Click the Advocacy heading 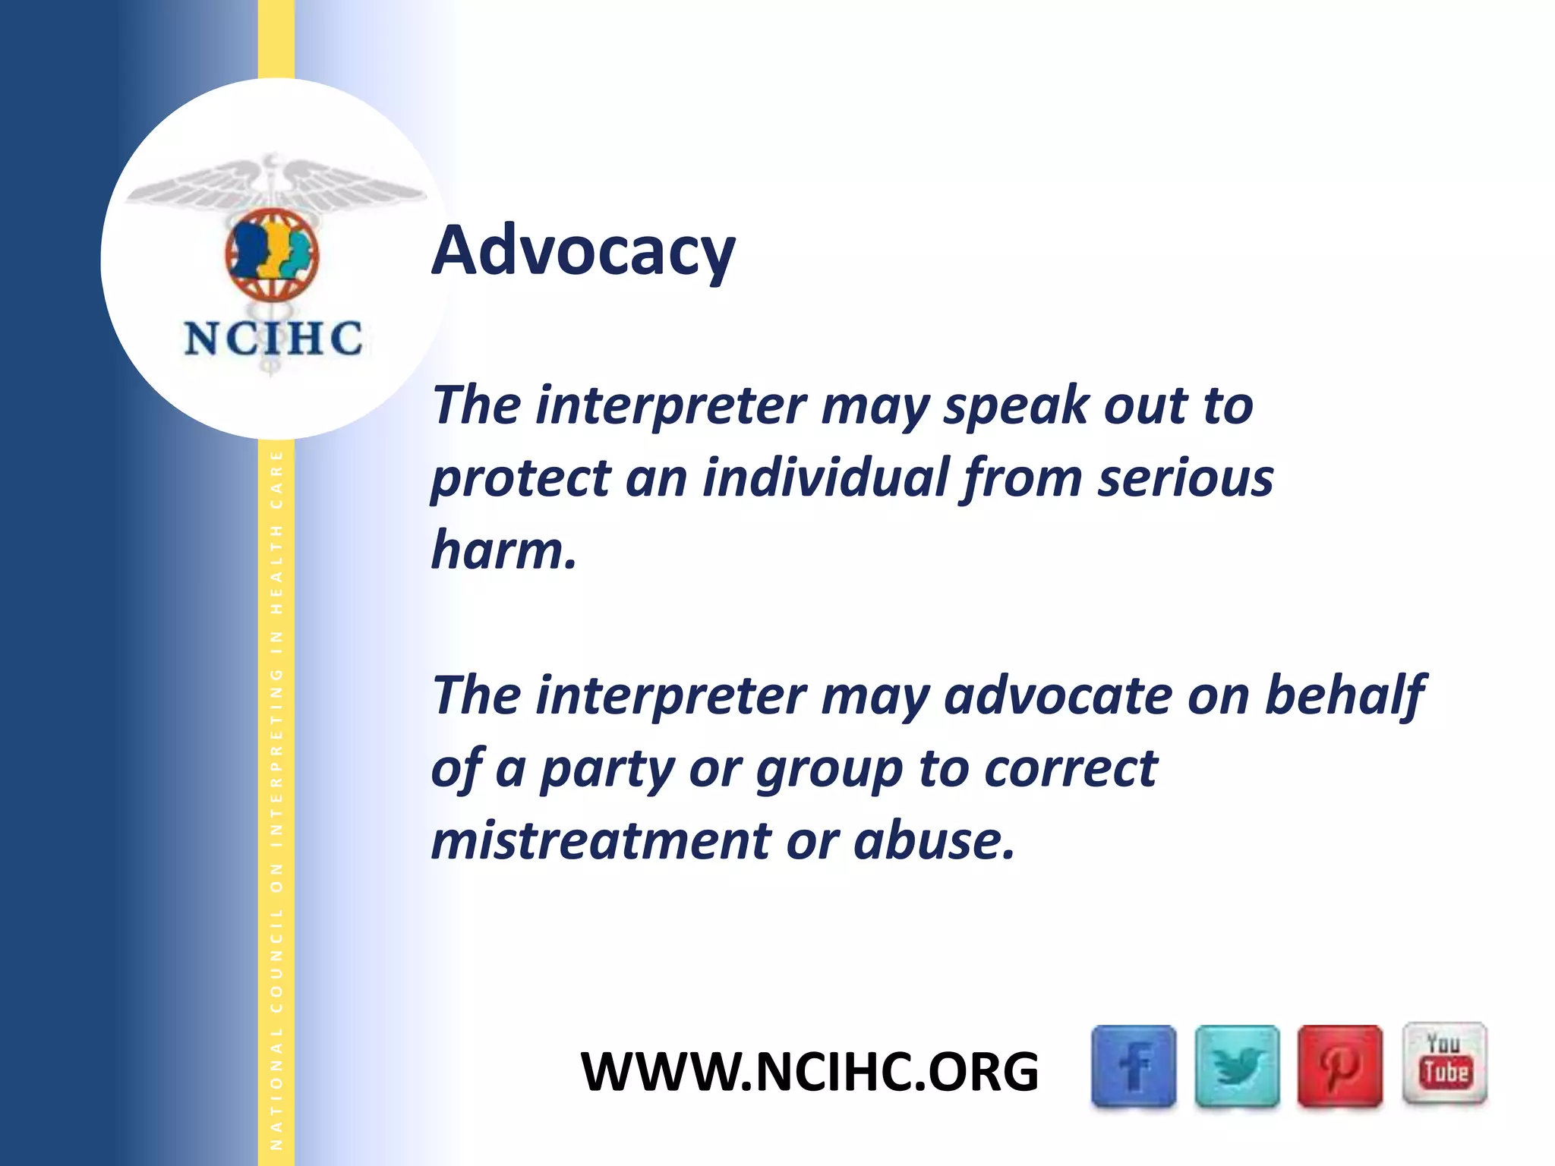(583, 251)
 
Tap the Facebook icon (1134, 1066)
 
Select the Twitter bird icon (1237, 1066)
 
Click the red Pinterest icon (1339, 1066)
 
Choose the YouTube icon (1444, 1063)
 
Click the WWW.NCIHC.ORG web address (809, 1072)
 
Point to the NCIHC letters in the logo (273, 339)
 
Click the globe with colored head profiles (272, 255)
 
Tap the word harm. (503, 550)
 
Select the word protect (521, 480)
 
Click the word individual (826, 478)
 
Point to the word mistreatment (601, 841)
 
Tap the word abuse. (933, 841)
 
